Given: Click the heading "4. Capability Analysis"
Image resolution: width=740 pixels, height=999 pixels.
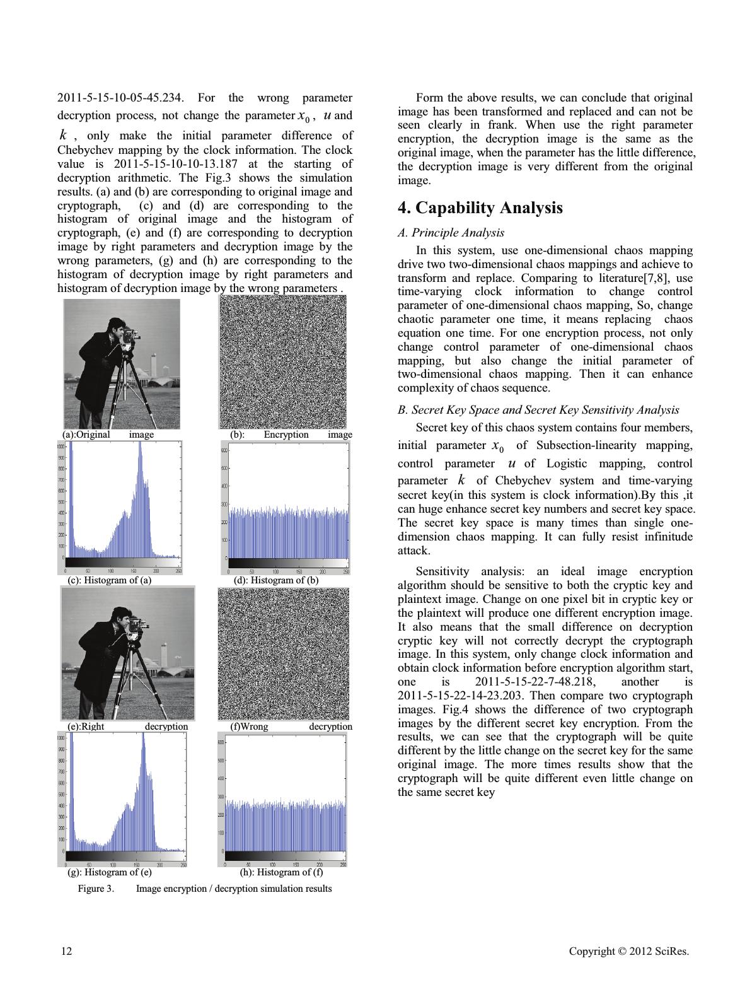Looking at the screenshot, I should (480, 208).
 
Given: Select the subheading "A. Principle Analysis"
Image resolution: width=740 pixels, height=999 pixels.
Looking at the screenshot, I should (451, 233).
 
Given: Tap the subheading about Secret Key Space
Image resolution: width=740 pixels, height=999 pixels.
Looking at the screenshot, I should (538, 410).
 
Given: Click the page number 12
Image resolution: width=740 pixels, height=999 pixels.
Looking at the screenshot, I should (66, 950).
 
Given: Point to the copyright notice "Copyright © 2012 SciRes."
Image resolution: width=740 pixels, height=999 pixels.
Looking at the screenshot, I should (628, 950).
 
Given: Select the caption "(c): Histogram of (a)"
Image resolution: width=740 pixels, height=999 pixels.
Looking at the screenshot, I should (110, 580).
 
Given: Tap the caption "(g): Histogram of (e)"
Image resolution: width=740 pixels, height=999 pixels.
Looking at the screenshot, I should (110, 872).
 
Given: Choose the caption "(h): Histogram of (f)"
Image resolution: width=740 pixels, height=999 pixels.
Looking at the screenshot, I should (282, 872).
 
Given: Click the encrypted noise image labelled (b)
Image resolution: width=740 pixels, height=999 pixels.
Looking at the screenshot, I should (282, 362).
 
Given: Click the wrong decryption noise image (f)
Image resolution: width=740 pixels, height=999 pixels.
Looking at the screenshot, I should (283, 653).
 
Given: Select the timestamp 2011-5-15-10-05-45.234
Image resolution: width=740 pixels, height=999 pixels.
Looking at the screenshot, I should (121, 98).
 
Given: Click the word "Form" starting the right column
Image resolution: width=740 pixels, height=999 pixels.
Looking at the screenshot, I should (428, 98).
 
